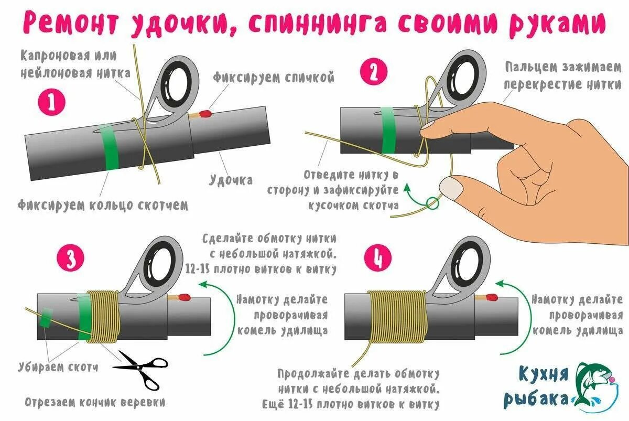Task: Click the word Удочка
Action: pos(231,180)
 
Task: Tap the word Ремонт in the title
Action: pos(71,23)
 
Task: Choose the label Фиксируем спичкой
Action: pos(273,78)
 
